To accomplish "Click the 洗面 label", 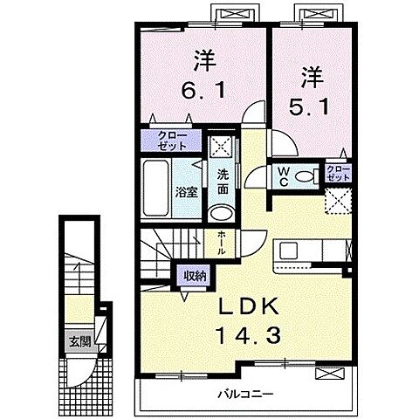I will point(223,182).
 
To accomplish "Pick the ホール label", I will point(221,243).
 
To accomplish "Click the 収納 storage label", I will point(195,275).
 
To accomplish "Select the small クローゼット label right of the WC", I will point(337,172).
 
